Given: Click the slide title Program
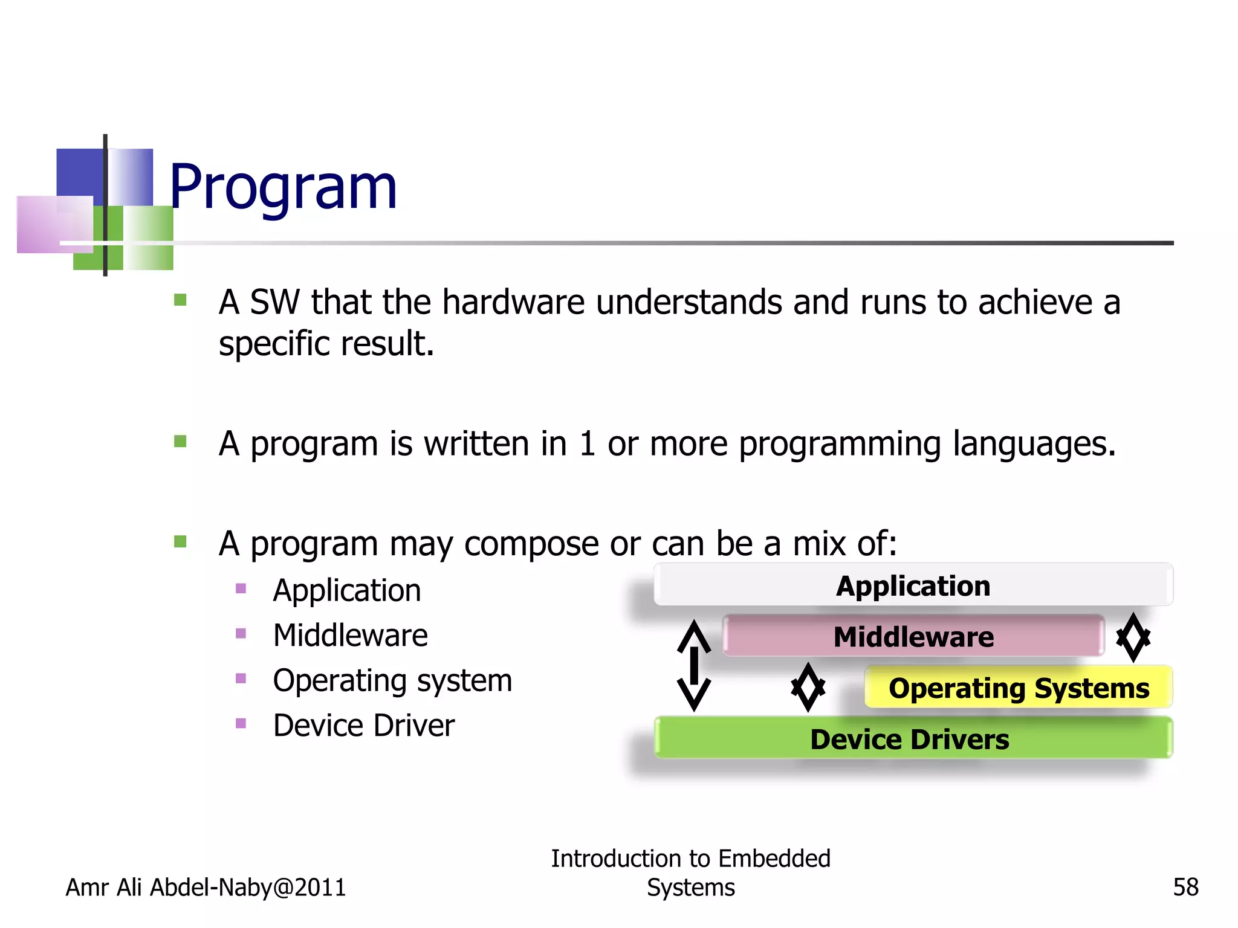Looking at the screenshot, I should (283, 187).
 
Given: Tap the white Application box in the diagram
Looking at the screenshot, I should (913, 585).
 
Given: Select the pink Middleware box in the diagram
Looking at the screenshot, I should (913, 636).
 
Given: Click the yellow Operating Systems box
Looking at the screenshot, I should (1019, 688).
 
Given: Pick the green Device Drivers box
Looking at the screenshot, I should (913, 738).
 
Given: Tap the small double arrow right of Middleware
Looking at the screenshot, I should (1133, 637).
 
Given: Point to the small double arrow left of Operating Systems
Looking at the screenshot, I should (808, 687).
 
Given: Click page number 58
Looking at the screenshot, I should (1185, 887).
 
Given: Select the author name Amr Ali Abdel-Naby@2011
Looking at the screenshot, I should (206, 887).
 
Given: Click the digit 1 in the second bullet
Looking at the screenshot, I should (587, 443).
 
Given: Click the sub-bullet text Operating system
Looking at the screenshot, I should (392, 680).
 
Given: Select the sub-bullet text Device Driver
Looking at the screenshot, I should (363, 725).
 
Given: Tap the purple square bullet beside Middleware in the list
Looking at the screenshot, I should (241, 633).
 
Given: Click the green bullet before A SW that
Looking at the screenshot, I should (180, 300).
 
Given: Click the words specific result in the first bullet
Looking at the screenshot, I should (326, 343).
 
